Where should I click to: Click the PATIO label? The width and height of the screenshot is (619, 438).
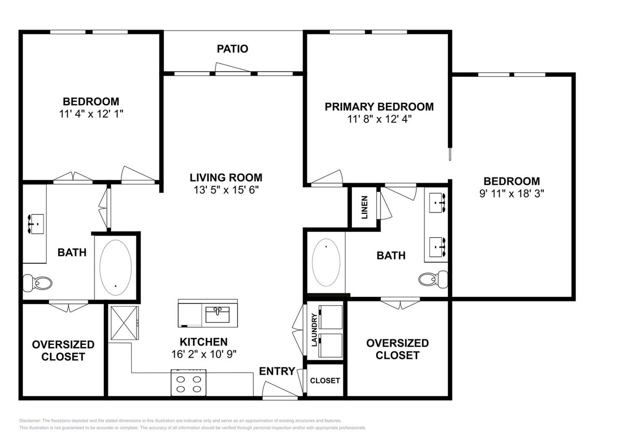point(232,49)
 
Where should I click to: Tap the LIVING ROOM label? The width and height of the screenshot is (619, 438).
point(226,177)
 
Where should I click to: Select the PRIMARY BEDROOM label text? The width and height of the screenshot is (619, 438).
point(379,107)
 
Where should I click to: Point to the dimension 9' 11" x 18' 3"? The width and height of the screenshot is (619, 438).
point(512,194)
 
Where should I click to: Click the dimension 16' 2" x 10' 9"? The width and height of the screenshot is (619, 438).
point(203,354)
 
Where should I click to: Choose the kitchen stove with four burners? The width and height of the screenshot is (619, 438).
point(188,383)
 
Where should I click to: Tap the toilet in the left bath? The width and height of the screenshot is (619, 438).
point(38,283)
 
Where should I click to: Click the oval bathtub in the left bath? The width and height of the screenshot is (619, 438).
point(115,267)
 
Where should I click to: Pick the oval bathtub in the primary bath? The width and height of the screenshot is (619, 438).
point(326,262)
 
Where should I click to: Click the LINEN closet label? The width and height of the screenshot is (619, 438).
point(364,207)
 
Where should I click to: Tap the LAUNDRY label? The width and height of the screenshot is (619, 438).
point(314,330)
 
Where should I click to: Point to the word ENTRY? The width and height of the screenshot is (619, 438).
point(277,371)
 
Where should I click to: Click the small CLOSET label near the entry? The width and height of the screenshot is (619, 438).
point(325,380)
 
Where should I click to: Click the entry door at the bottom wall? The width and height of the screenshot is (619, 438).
point(279,391)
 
